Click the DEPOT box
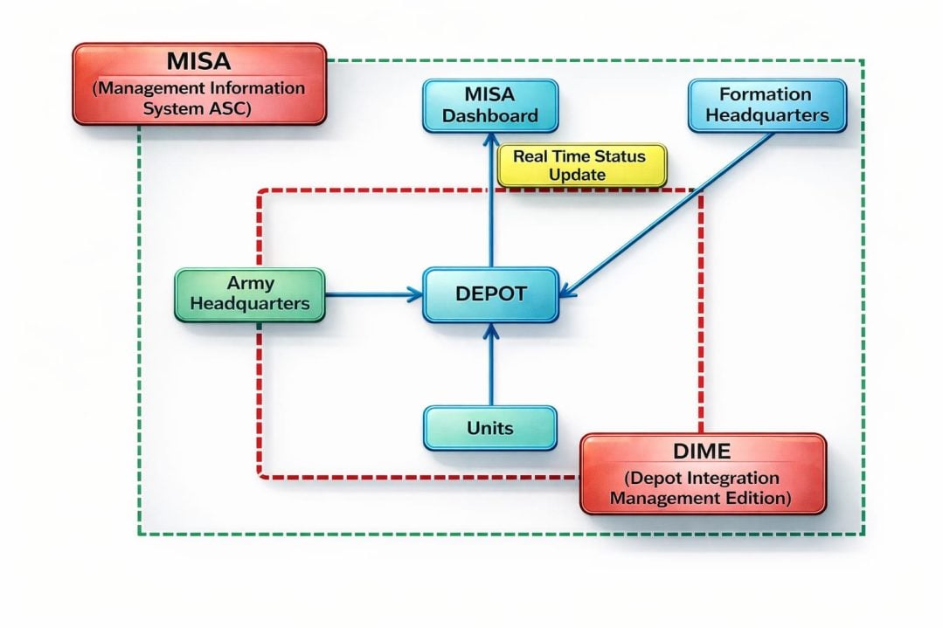[490, 294]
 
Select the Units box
[489, 428]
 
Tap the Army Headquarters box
[249, 294]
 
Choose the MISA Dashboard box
[489, 105]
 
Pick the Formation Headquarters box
[766, 105]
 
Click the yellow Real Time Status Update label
[580, 165]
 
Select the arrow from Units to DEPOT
[490, 367]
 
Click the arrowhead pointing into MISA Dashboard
[489, 140]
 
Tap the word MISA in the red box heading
[199, 63]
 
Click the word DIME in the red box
[702, 452]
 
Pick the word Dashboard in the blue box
[489, 115]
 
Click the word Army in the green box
[250, 283]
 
